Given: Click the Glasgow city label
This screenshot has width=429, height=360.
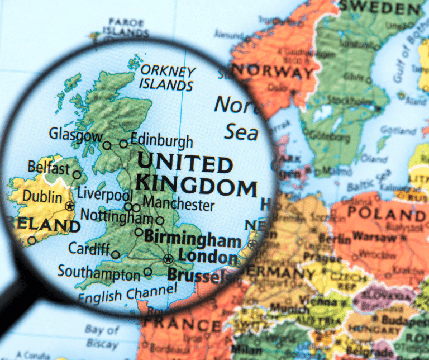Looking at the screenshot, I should [x=75, y=135].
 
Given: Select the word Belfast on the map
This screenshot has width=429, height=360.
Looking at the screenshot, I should [x=49, y=168].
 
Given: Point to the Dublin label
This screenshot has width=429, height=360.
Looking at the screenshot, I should [x=42, y=197].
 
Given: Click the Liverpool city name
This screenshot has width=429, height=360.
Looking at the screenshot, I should [x=104, y=195].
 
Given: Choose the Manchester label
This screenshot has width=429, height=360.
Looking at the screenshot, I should [x=178, y=204].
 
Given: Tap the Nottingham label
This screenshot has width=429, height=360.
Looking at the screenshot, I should [x=117, y=215].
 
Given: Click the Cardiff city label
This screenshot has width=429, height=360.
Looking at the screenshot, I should [x=89, y=248].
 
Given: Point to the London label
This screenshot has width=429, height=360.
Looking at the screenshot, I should [x=207, y=257].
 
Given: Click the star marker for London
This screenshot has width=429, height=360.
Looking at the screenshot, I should [x=168, y=259].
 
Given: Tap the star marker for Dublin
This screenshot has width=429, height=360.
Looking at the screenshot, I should [x=69, y=206].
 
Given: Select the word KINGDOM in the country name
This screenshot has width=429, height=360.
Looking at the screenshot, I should [x=196, y=185].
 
